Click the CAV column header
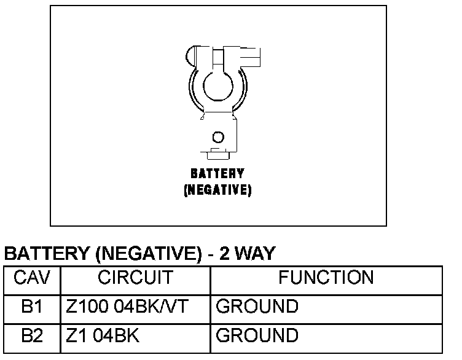[31, 278]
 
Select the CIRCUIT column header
[135, 278]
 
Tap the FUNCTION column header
[326, 278]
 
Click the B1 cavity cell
[31, 307]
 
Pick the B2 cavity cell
[31, 335]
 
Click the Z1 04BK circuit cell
[103, 335]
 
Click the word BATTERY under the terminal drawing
[217, 174]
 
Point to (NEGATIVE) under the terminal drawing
[217, 190]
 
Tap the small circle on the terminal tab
[217, 136]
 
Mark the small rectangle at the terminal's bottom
[217, 151]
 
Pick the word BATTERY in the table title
[47, 254]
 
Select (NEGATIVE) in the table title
[147, 254]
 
